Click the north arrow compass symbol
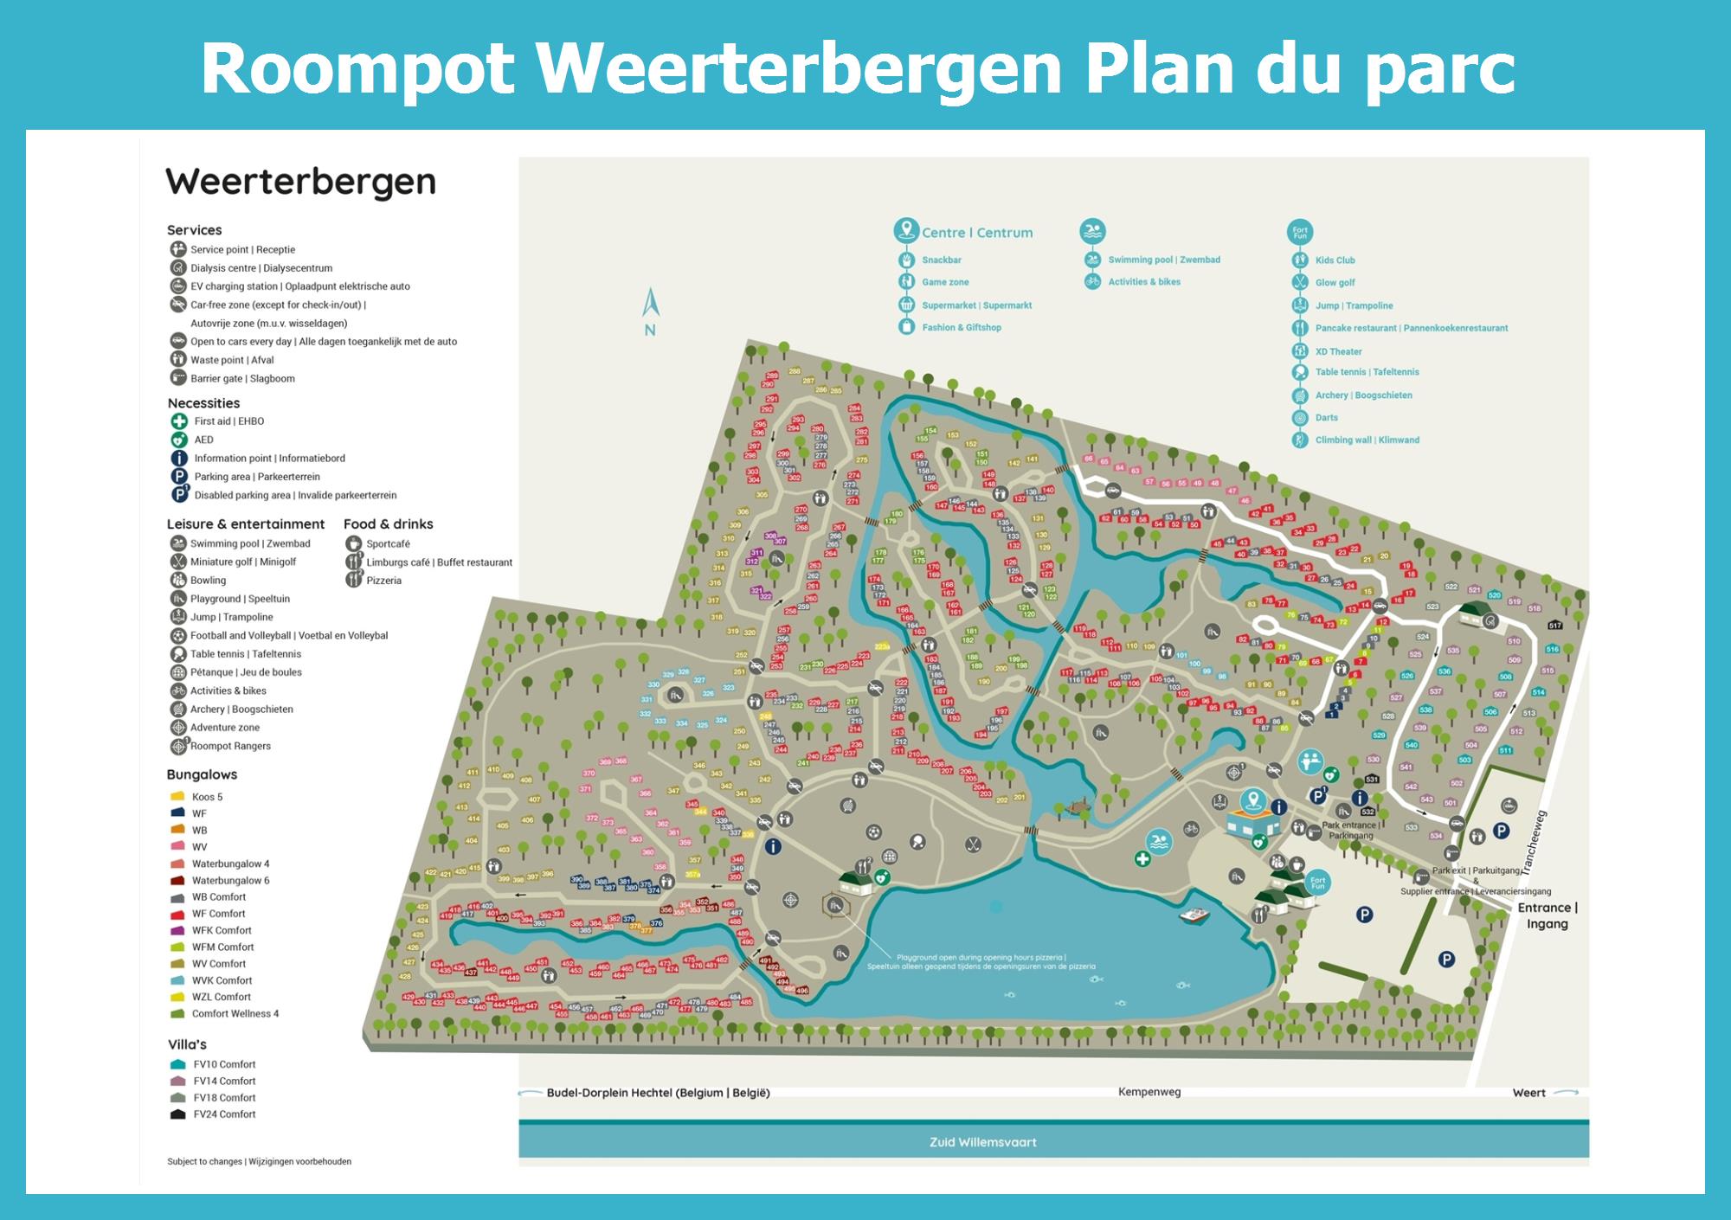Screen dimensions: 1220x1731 651,305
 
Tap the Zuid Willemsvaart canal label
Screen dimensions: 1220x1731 982,1142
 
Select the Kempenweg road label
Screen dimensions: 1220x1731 1149,1092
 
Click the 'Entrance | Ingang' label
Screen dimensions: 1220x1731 1548,915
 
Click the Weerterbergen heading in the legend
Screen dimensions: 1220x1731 300,183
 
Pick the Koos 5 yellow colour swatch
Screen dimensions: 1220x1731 178,797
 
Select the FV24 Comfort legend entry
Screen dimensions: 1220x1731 224,1114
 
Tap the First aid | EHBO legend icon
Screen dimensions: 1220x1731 179,421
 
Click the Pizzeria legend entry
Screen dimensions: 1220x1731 383,581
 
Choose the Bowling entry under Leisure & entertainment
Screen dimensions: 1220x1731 208,581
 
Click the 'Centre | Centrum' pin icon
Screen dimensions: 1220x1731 906,230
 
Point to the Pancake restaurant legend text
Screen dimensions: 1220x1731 1411,329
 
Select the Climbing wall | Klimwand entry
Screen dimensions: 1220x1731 1367,440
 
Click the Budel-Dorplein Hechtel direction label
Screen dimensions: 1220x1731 658,1093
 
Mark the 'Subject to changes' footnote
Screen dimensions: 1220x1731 259,1162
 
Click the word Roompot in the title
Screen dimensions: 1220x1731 357,69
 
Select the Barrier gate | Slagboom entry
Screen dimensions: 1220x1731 242,379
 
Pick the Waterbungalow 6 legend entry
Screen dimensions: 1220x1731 230,881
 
